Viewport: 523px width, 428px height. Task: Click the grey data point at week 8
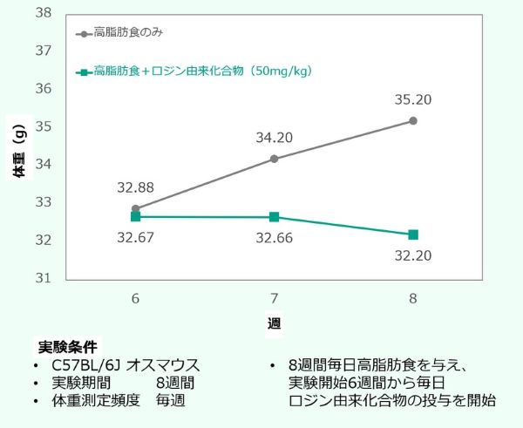(413, 120)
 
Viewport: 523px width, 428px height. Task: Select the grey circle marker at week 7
(275, 159)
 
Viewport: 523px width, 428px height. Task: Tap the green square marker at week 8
(413, 234)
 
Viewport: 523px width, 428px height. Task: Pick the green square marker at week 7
(275, 217)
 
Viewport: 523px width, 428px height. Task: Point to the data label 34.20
(275, 137)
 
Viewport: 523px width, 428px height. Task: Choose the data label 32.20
(413, 256)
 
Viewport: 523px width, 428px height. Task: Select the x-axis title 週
(274, 323)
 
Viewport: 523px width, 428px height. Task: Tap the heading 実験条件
(67, 346)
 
